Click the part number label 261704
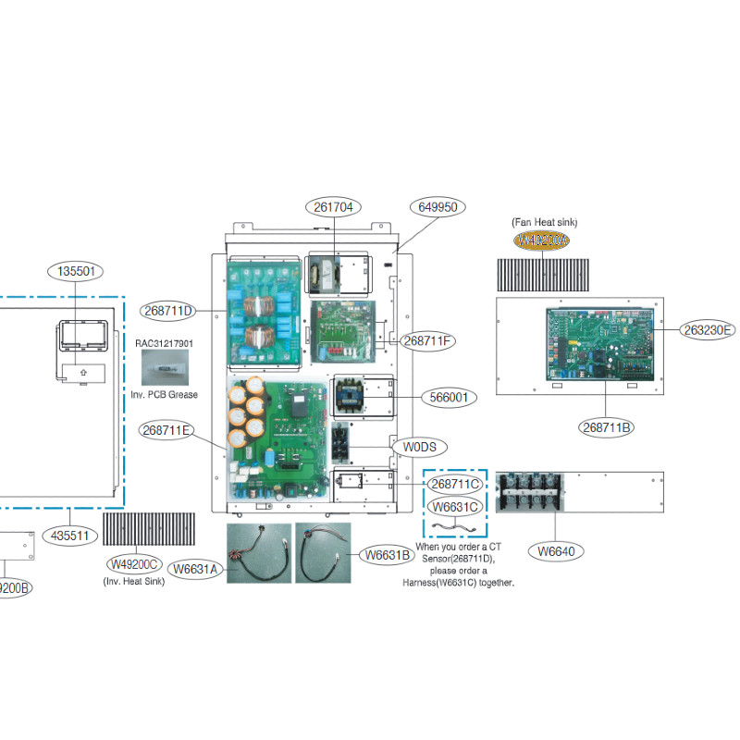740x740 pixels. point(332,207)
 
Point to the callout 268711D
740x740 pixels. point(169,310)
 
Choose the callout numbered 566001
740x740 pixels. point(449,398)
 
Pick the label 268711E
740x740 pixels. point(168,429)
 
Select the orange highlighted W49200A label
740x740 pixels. point(541,240)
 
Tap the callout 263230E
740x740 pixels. point(709,329)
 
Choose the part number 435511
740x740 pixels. point(69,536)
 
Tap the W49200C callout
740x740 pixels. point(135,565)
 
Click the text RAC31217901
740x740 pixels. point(164,343)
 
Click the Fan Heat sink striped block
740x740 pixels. point(541,274)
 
